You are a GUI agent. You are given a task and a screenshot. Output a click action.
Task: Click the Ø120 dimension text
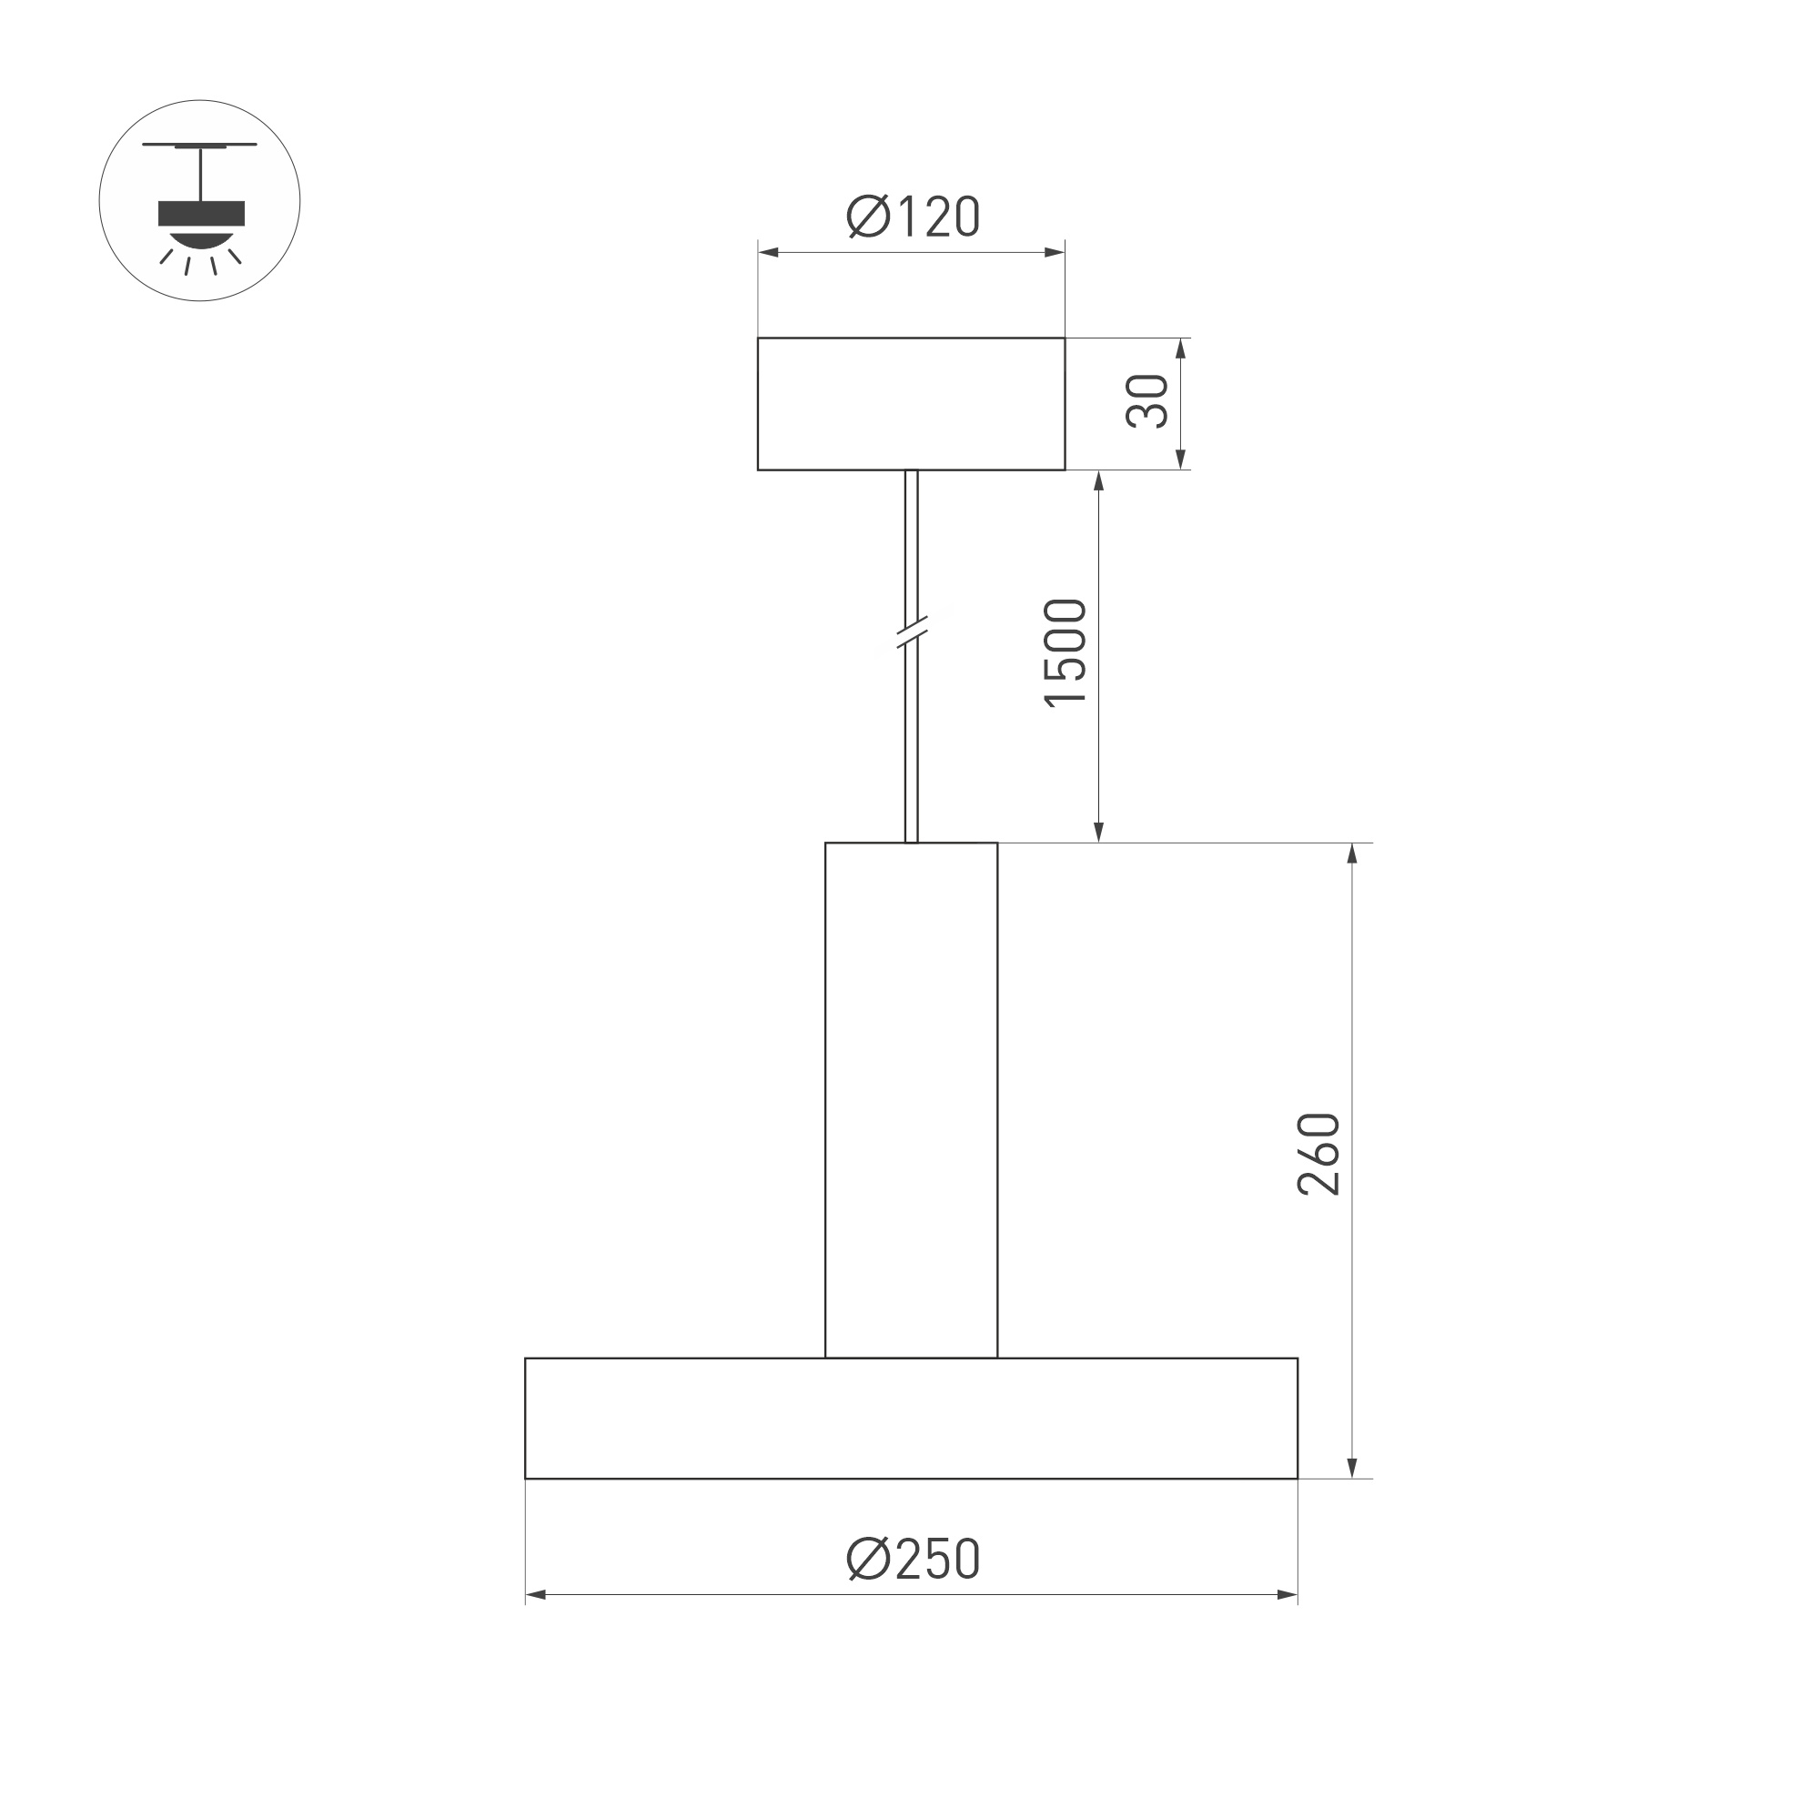coord(913,217)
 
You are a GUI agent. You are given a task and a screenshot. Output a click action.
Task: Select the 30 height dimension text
coord(1148,402)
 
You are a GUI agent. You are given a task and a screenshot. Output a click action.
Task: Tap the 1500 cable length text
coord(1066,652)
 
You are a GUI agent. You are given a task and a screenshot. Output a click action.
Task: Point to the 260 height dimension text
coord(1318,1155)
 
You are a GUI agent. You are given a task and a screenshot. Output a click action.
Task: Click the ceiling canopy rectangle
coord(911,404)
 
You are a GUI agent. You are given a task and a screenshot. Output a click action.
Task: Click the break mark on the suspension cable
coord(911,632)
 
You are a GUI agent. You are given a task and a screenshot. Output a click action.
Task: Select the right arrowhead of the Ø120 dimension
coord(1055,252)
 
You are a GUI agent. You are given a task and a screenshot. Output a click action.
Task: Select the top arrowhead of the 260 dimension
coord(1352,853)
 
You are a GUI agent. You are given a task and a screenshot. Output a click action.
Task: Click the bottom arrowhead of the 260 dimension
coord(1352,1468)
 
